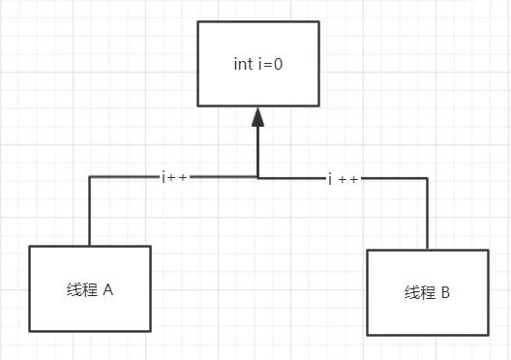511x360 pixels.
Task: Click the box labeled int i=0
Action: click(x=257, y=64)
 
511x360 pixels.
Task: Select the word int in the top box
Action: click(x=243, y=65)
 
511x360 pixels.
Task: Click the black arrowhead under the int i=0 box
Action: click(x=257, y=118)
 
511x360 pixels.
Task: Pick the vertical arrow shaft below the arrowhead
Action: click(x=257, y=150)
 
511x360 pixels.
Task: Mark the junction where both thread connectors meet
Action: click(x=257, y=177)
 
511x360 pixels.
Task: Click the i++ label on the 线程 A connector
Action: click(x=174, y=177)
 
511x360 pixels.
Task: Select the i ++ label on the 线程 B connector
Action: click(x=344, y=179)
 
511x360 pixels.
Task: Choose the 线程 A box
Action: click(x=90, y=288)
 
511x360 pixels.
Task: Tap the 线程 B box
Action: click(x=426, y=291)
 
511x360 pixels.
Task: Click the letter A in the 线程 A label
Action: click(x=108, y=289)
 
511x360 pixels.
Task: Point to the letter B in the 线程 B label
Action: click(x=444, y=292)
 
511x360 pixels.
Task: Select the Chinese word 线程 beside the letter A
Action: click(x=81, y=289)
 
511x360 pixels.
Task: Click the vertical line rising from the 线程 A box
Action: click(x=89, y=213)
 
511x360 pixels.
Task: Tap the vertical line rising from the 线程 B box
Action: click(x=427, y=215)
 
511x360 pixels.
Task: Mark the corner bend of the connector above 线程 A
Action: click(x=89, y=177)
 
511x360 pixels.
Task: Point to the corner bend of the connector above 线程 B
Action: click(x=427, y=178)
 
